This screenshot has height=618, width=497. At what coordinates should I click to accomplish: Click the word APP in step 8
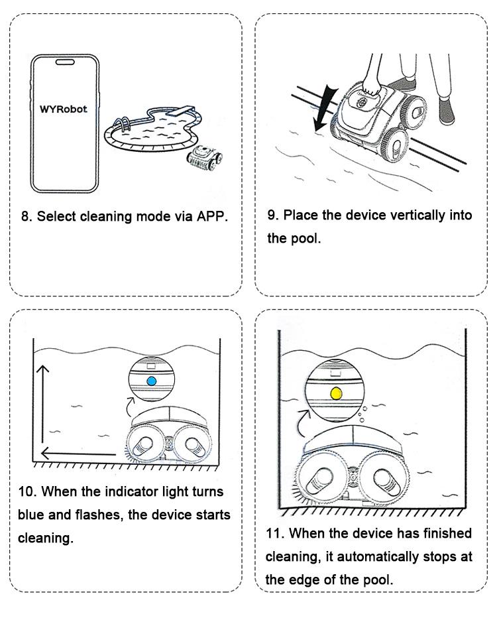point(210,217)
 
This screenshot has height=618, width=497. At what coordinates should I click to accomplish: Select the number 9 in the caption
point(271,216)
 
